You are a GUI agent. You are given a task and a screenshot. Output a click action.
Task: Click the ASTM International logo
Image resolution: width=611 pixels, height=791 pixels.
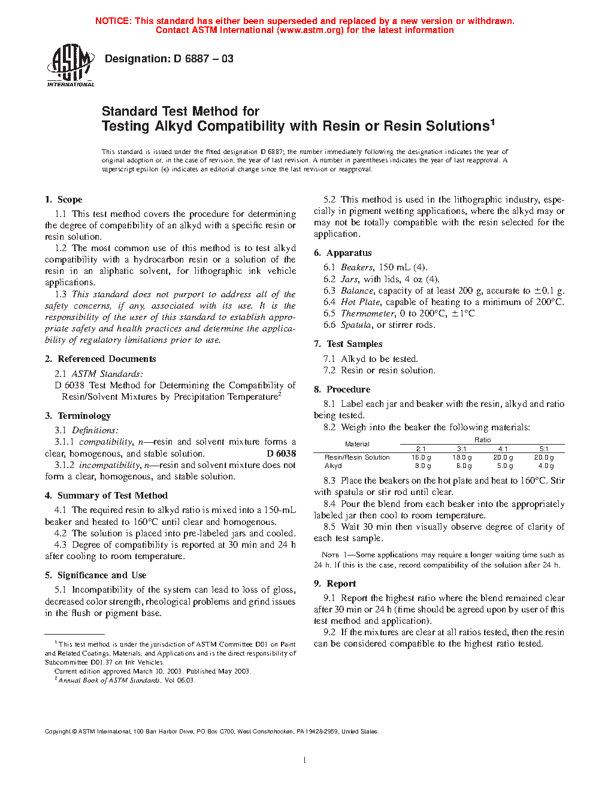(x=70, y=66)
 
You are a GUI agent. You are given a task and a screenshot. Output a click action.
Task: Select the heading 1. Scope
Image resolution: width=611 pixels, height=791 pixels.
(x=63, y=200)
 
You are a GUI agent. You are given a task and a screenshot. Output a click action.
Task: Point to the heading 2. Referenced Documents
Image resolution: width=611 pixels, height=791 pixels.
(x=100, y=359)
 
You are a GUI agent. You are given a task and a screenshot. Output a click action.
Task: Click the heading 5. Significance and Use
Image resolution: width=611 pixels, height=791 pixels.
(x=95, y=575)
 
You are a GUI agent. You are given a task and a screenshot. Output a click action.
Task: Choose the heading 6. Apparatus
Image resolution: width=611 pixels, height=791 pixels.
(x=343, y=253)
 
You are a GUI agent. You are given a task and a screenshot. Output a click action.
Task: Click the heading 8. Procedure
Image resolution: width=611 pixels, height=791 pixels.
(x=342, y=390)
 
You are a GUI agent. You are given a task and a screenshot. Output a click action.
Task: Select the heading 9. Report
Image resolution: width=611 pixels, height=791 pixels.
(x=335, y=584)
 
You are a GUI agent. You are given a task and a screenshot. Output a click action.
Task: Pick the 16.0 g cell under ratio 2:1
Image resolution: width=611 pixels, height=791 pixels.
(x=421, y=457)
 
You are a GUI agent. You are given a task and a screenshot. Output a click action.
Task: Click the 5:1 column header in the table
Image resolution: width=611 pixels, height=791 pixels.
(x=544, y=449)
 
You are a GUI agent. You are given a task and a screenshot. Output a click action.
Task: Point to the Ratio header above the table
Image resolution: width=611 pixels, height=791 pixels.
(x=483, y=440)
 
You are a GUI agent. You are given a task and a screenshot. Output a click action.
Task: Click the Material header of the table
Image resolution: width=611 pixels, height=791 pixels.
(x=357, y=444)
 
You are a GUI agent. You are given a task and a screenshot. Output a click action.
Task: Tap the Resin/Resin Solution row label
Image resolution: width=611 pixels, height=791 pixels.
(x=357, y=457)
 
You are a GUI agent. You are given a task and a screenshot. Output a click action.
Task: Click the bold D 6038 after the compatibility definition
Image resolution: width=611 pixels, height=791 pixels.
(x=281, y=454)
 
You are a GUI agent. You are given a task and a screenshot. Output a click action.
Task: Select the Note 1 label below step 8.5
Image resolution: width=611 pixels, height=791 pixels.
(x=331, y=555)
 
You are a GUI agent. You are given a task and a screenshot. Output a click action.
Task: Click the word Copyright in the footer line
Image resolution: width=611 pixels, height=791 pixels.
(x=58, y=732)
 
